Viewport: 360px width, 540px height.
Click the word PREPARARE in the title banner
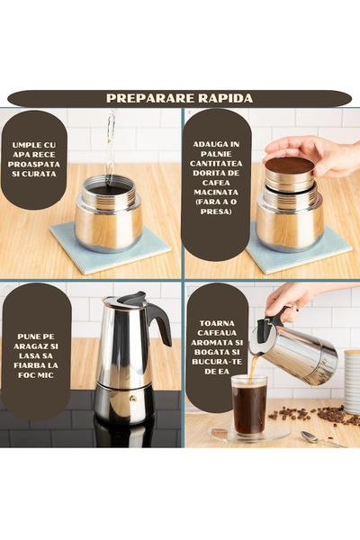(147, 98)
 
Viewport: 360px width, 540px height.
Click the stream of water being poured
(110, 144)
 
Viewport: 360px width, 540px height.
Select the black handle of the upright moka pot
(159, 323)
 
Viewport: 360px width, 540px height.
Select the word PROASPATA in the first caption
(37, 165)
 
